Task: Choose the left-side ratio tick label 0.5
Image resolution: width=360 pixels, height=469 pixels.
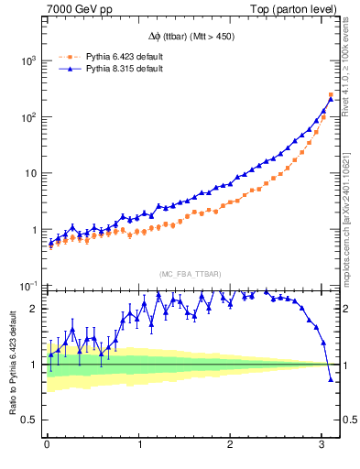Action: [x=30, y=420]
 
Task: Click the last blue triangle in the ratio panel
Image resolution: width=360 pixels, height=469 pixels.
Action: [x=331, y=378]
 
